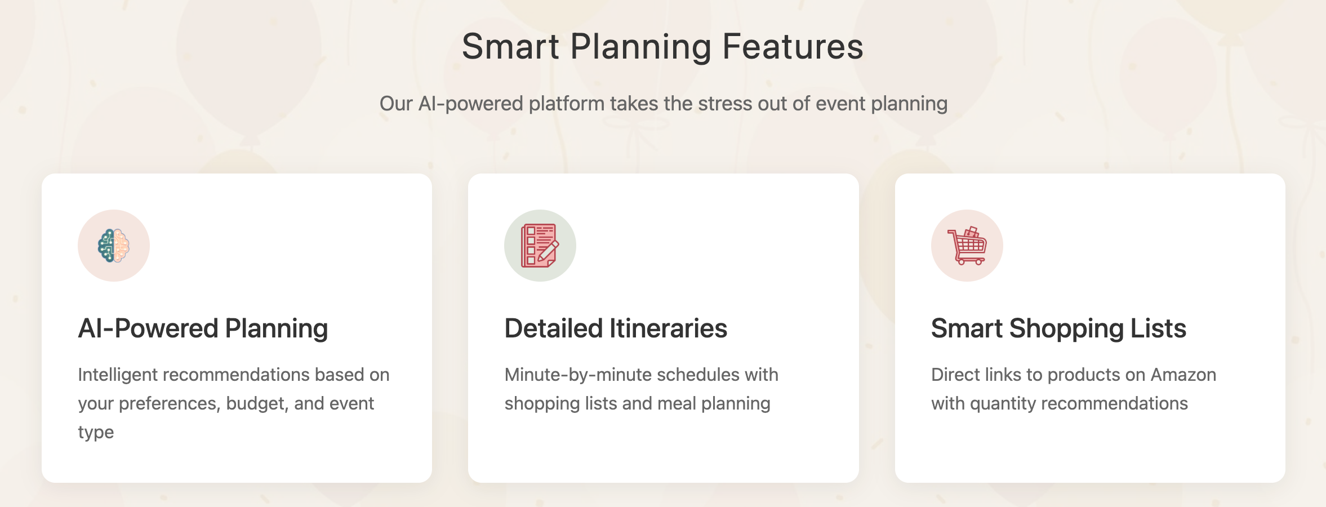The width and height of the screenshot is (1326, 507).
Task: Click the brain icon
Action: point(114,246)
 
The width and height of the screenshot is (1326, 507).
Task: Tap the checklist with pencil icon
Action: point(540,246)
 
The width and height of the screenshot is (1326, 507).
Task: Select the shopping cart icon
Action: point(967,246)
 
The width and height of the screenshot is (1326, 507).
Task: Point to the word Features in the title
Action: point(793,46)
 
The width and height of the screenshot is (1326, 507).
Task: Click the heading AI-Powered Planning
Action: point(203,328)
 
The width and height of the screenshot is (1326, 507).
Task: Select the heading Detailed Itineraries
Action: point(616,328)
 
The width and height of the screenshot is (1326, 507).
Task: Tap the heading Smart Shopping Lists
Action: point(1058,328)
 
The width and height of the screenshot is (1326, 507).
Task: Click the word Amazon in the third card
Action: point(1183,375)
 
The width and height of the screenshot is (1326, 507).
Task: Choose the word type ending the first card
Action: point(96,433)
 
